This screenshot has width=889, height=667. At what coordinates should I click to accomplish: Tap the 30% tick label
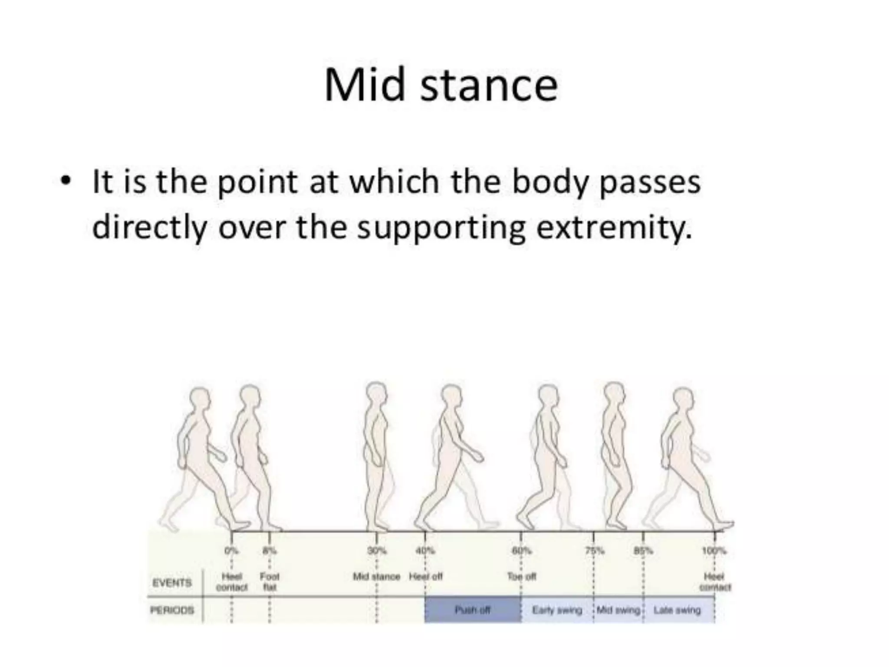click(x=376, y=551)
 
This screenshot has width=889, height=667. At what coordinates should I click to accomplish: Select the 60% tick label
click(x=521, y=551)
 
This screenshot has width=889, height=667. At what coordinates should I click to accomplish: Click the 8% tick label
click(x=269, y=551)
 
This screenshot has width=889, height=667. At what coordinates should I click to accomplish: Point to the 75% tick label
click(x=594, y=551)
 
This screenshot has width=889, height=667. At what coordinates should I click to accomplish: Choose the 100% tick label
click(x=714, y=551)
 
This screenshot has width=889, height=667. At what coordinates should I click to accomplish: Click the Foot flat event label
click(x=270, y=582)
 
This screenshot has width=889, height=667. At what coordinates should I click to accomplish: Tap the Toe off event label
click(x=521, y=577)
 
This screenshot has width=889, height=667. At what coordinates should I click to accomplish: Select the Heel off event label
click(x=425, y=577)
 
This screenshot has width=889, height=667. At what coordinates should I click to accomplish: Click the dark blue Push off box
click(x=472, y=610)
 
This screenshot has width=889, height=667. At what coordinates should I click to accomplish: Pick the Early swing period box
click(x=557, y=610)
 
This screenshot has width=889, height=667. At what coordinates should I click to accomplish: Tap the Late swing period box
click(x=677, y=610)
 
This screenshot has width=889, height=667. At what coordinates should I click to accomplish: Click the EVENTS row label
click(x=172, y=582)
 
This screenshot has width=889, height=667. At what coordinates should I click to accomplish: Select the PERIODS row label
click(x=172, y=610)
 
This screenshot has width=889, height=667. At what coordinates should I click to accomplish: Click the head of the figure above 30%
click(x=376, y=395)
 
